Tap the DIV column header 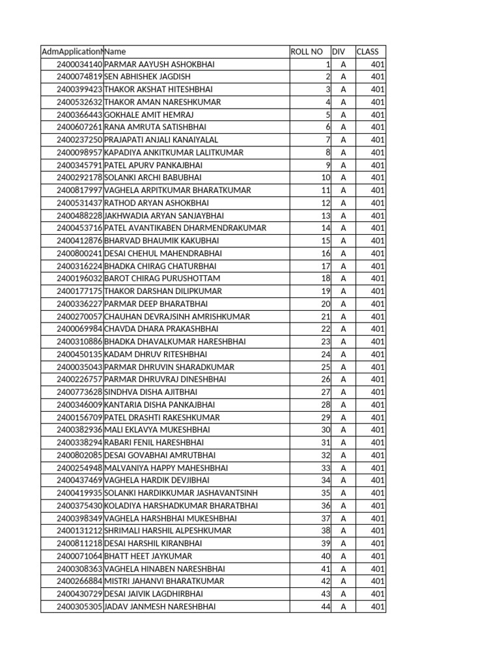click(x=339, y=51)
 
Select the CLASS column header click(x=367, y=51)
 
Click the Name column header click(x=115, y=51)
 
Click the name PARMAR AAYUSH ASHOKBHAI click(x=160, y=64)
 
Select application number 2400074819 click(x=79, y=77)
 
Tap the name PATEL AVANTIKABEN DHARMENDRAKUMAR click(x=186, y=228)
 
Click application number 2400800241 click(x=79, y=254)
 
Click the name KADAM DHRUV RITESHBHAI click(x=156, y=354)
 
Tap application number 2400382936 click(x=79, y=430)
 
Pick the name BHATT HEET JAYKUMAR click(x=148, y=556)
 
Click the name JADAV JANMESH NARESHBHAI click(x=160, y=607)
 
